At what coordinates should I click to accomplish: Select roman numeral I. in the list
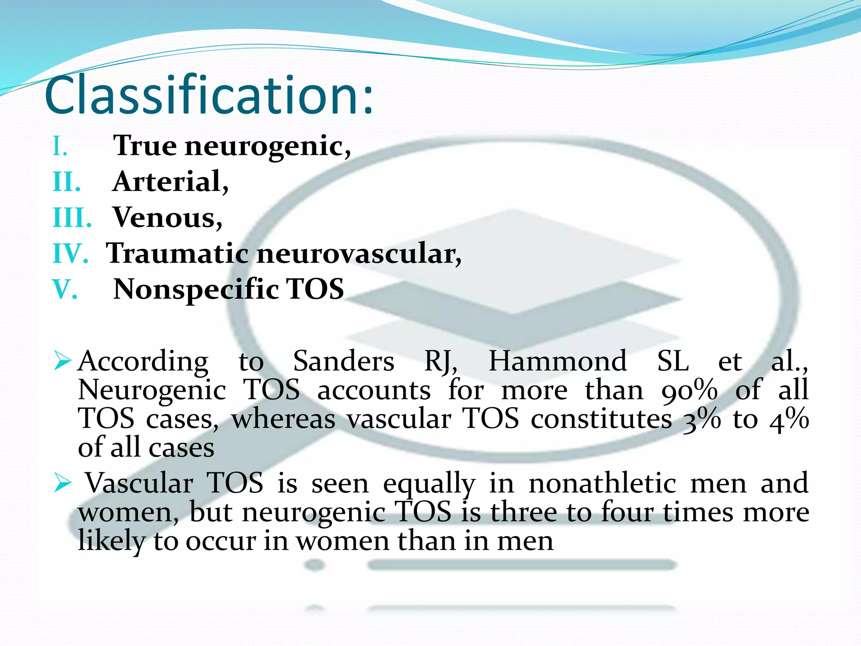click(60, 147)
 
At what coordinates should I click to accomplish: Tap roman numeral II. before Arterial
click(67, 183)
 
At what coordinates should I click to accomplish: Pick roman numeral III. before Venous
click(72, 218)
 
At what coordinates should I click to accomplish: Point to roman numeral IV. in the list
click(70, 254)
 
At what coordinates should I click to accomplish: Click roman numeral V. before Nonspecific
click(65, 290)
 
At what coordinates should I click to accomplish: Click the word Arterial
click(170, 182)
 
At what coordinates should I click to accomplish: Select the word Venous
click(167, 218)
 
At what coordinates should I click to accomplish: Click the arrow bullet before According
click(63, 361)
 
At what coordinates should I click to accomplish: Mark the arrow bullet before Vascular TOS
click(63, 483)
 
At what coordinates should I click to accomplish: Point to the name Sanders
click(343, 361)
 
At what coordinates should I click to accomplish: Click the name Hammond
click(557, 361)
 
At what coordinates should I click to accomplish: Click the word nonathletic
click(602, 483)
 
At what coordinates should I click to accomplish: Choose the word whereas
click(283, 419)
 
